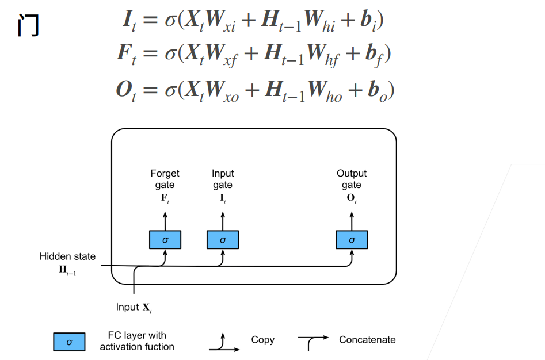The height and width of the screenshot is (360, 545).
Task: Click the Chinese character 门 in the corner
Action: click(x=28, y=25)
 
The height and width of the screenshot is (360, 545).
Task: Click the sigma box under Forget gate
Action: click(x=165, y=240)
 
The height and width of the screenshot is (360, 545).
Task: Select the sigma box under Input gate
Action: click(x=223, y=240)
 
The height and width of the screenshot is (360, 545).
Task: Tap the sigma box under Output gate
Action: click(x=352, y=240)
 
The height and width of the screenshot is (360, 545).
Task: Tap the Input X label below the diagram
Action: click(x=134, y=307)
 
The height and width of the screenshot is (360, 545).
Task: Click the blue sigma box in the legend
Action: click(x=69, y=342)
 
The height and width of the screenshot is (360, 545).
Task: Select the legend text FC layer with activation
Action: click(x=137, y=341)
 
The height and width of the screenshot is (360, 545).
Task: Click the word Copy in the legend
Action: click(x=263, y=340)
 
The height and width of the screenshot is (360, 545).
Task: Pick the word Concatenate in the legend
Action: click(x=367, y=340)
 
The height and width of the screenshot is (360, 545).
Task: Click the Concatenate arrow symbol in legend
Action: click(x=314, y=342)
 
